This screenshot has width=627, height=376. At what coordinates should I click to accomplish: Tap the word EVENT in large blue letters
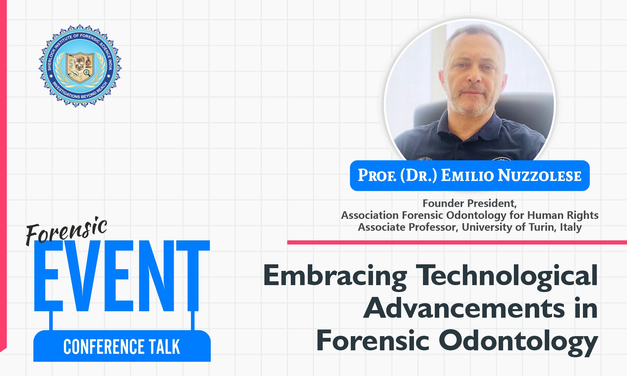coord(122,276)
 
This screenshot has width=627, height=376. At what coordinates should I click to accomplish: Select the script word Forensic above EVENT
coord(66,231)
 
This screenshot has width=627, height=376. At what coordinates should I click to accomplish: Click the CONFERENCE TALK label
coord(122,347)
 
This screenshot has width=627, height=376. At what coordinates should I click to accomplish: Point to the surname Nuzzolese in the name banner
coord(540,176)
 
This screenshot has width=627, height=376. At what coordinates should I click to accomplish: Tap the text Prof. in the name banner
coord(377,176)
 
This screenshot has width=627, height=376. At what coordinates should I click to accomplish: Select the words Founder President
coord(469,203)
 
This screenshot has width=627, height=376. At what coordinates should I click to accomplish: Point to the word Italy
coord(571,228)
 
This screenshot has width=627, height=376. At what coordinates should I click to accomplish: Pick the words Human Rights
coord(563,215)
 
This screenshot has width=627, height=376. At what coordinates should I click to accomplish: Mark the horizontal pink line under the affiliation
coord(457,242)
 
